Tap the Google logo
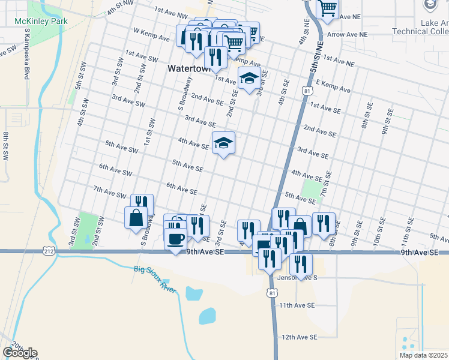pos(20,352)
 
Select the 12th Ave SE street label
pos(298,337)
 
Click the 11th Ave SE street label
pos(297,305)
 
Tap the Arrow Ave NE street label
pos(346,35)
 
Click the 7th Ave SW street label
pos(109,193)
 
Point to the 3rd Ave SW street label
pos(128,100)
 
